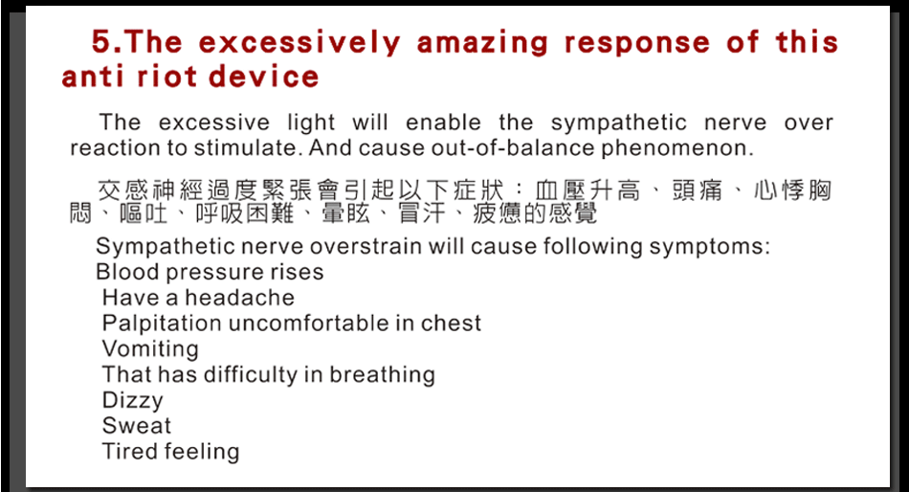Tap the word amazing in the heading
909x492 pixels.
(482, 43)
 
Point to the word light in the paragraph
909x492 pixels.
(311, 123)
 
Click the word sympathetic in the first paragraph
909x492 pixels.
(618, 123)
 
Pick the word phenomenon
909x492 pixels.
(676, 148)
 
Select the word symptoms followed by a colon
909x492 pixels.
(710, 247)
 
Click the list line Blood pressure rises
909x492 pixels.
(210, 272)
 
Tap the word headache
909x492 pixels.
(239, 298)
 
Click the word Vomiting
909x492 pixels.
(150, 349)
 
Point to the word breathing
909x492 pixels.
(382, 375)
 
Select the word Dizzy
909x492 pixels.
(133, 400)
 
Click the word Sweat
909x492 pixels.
(137, 426)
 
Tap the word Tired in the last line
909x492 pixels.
(127, 452)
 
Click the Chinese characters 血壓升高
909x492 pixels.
(588, 190)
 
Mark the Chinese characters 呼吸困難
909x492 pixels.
(245, 213)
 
